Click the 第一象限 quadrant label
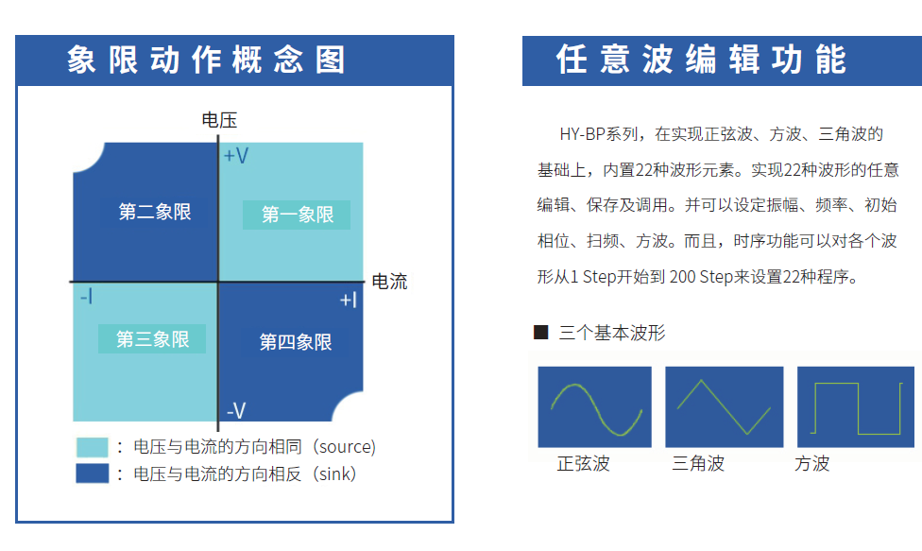(297, 215)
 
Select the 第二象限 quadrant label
(155, 212)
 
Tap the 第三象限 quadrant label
(152, 338)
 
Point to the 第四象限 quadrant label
(296, 341)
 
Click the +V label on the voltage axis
(236, 156)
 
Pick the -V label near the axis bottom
(236, 410)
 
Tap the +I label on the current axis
(348, 300)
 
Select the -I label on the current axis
(87, 296)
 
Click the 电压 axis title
(219, 120)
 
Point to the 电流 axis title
(389, 281)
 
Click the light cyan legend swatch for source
(93, 447)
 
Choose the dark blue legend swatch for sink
(93, 474)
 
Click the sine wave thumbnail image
(594, 407)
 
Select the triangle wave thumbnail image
(725, 407)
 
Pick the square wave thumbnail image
(856, 407)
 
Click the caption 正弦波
(583, 463)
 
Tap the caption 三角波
(698, 463)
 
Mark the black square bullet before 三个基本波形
(541, 333)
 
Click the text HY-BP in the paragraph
(583, 134)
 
